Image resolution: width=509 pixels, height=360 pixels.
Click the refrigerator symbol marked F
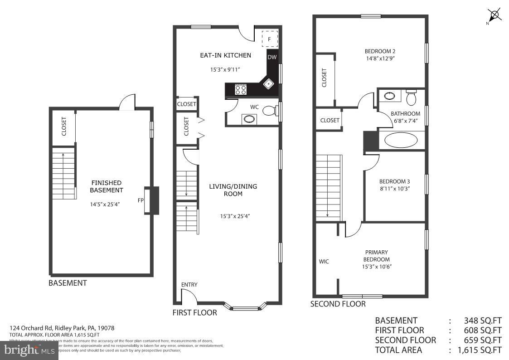coord(269,39)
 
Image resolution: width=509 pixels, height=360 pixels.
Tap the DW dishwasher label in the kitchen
coord(271,57)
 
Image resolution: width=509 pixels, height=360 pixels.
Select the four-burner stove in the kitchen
coord(241,90)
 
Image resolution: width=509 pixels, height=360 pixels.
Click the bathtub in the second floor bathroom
coord(401,140)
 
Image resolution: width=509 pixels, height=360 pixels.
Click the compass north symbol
coord(494,15)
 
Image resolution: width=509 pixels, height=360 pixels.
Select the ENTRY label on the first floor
coord(189,285)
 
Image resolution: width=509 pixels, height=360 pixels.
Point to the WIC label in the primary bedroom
coord(324,262)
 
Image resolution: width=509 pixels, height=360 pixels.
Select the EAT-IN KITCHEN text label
coord(225,55)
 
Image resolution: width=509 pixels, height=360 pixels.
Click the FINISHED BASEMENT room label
coord(106,186)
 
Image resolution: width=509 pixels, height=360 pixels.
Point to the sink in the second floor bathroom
coord(389,96)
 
